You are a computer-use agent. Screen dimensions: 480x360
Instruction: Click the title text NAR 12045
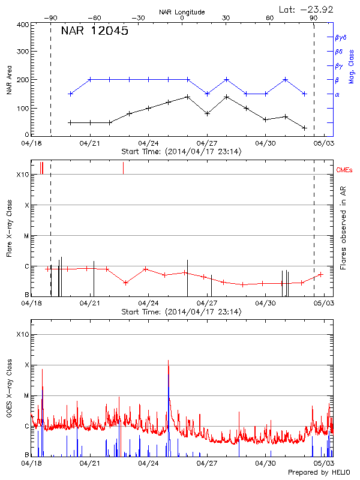pyautogui.click(x=94, y=31)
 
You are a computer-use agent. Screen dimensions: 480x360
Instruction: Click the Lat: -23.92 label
pyautogui.click(x=307, y=9)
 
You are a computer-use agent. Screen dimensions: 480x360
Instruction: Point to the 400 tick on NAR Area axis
pyautogui.click(x=23, y=25)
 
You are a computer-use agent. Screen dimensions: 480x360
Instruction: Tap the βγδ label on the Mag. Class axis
pyautogui.click(x=340, y=37)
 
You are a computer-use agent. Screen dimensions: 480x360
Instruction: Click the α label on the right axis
pyautogui.click(x=337, y=94)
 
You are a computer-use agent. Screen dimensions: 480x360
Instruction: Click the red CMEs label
pyautogui.click(x=345, y=171)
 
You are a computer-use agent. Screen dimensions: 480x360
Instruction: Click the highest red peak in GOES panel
pyautogui.click(x=169, y=361)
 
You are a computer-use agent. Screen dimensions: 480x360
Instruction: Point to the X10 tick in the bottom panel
pyautogui.click(x=23, y=334)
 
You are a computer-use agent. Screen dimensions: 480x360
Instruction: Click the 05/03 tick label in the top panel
pyautogui.click(x=324, y=143)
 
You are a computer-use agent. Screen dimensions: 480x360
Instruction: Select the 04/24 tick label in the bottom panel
pyautogui.click(x=148, y=463)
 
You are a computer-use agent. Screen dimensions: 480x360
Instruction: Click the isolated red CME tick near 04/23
pyautogui.click(x=123, y=168)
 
